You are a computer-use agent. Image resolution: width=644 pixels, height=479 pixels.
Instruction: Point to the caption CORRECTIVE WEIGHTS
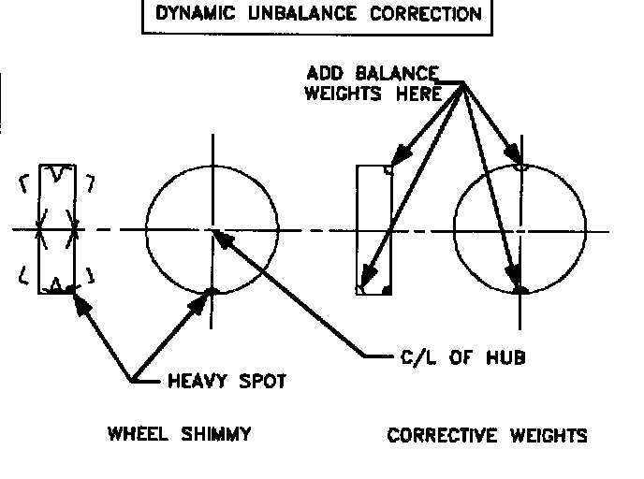pos(487,435)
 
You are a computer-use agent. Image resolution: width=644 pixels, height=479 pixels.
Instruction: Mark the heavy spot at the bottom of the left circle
pos(212,292)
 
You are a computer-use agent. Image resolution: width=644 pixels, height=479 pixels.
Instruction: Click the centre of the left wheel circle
pos(212,229)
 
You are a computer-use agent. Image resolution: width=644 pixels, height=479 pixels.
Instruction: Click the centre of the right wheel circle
pos(521,229)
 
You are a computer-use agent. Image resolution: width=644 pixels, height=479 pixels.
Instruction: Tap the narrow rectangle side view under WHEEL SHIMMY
pos(55,229)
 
